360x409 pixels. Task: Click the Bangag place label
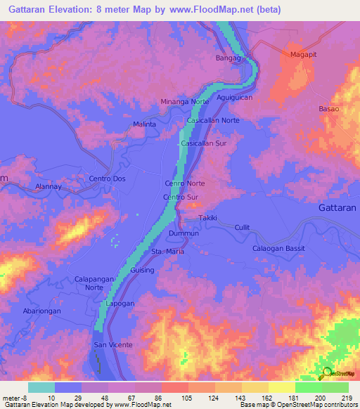click(x=229, y=57)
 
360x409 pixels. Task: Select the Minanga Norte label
click(x=185, y=101)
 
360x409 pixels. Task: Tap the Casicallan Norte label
click(x=213, y=121)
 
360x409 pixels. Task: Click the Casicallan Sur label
click(x=204, y=143)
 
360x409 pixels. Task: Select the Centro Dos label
click(x=106, y=178)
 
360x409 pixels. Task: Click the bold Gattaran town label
click(x=335, y=208)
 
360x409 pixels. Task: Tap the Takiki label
click(x=207, y=219)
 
